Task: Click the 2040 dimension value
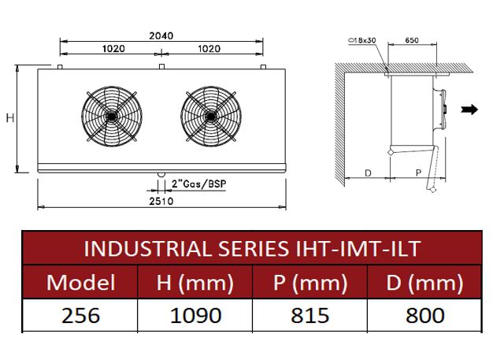[161, 35]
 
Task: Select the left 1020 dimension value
[113, 49]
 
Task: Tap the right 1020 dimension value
[209, 49]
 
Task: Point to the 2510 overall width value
[161, 201]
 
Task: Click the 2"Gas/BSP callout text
[199, 184]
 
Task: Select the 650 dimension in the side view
[412, 40]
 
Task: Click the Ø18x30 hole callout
[362, 40]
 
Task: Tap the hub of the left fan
[112, 116]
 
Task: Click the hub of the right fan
[211, 116]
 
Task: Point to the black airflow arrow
[469, 109]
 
